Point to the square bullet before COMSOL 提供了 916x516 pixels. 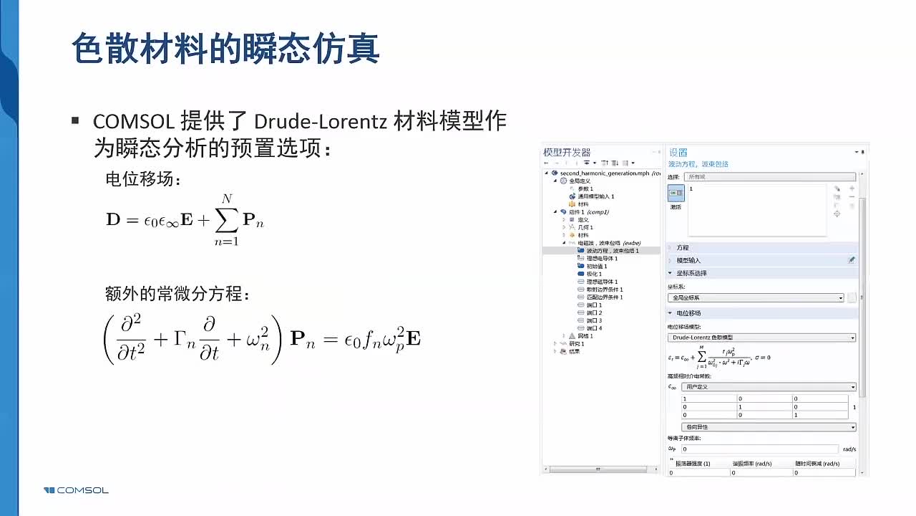coord(75,120)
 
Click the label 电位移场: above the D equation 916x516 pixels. coord(143,179)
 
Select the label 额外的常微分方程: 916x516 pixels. coord(177,294)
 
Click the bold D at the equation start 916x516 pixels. coord(114,220)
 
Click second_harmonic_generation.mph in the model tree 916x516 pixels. coord(595,173)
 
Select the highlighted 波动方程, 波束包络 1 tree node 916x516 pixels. coord(612,251)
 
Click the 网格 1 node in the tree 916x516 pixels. coord(585,336)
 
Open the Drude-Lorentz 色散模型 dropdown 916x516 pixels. coord(761,337)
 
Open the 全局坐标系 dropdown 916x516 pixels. coord(756,297)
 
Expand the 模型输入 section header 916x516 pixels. coord(688,260)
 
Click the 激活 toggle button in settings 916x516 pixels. coord(676,193)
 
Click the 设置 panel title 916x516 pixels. coord(678,152)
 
